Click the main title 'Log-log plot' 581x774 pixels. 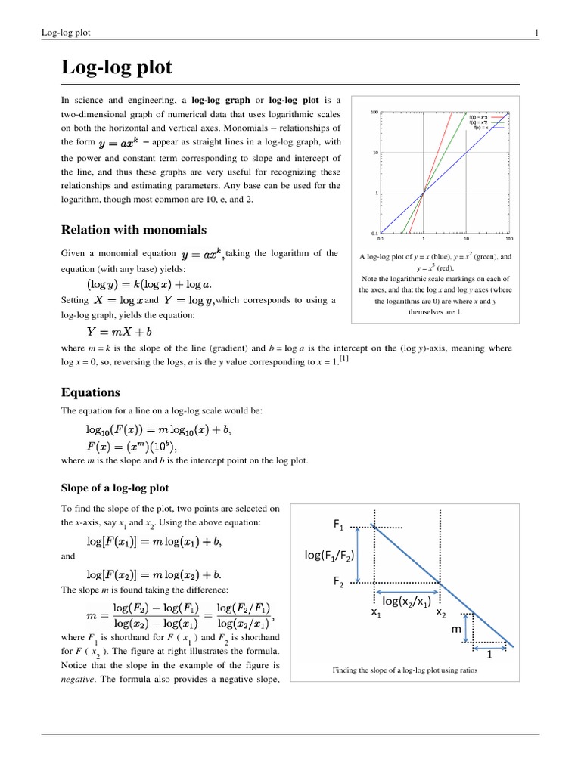coord(117,68)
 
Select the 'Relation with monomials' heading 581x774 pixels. coord(134,230)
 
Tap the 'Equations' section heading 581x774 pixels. coord(90,392)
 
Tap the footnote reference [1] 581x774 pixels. coord(344,358)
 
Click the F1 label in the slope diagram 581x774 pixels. coord(338,524)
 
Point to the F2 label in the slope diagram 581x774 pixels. coord(338,583)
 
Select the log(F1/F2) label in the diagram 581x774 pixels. coord(330,556)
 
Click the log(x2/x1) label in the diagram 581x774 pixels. coord(406,602)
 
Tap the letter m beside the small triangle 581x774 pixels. coord(456,629)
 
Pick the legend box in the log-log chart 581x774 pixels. coord(487,123)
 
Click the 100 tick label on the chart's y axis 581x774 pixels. coord(374,113)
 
